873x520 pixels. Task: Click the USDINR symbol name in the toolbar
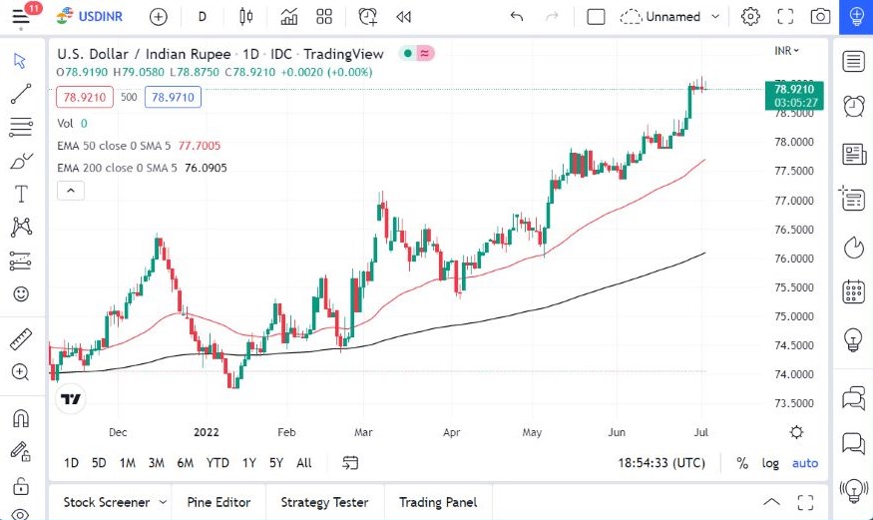pos(103,16)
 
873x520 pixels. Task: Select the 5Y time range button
pos(275,463)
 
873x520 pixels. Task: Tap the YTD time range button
pos(218,463)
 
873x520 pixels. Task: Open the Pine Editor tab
pos(219,502)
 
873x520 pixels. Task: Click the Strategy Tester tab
pos(324,502)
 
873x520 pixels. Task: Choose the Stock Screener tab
pos(107,502)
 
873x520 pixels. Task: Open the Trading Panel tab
pos(438,502)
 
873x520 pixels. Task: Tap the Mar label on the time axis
pos(364,432)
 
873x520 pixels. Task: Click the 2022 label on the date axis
pos(206,432)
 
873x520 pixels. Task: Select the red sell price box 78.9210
pos(86,97)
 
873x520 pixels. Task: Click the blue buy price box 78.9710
pos(173,97)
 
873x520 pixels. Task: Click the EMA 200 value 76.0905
pos(206,168)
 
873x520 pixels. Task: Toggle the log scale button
pos(770,463)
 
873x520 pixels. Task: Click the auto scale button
pos(804,463)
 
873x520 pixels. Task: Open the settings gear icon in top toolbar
pos(750,16)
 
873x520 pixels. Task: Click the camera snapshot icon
pos(820,16)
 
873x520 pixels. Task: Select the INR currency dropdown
pos(787,50)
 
